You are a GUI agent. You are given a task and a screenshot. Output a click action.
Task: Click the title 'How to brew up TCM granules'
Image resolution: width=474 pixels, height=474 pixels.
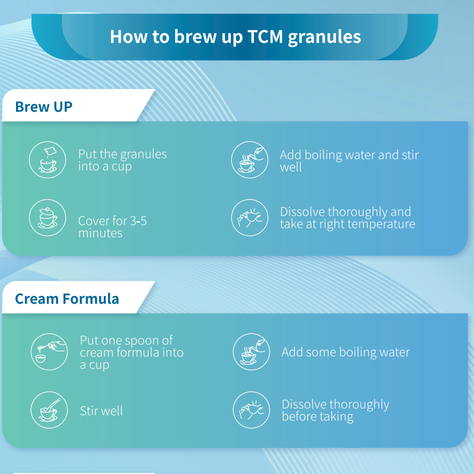(x=235, y=36)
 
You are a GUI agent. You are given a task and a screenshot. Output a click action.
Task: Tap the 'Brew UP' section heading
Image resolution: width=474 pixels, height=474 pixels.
(x=44, y=107)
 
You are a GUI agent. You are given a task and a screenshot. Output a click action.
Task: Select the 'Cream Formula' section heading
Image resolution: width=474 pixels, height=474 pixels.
(x=66, y=298)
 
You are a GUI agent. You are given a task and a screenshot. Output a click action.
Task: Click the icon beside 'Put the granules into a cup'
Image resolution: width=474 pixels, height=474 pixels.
(x=47, y=160)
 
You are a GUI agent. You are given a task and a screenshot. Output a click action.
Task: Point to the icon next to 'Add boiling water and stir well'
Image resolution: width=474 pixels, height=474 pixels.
(x=249, y=160)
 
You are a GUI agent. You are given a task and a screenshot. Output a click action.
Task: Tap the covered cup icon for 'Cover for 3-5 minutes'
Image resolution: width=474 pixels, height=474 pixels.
(x=47, y=218)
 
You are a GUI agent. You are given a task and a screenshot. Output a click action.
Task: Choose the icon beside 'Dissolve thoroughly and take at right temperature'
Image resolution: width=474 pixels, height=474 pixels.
(x=249, y=218)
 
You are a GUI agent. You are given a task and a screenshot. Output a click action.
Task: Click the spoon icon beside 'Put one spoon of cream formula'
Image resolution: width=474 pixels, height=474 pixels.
(x=49, y=352)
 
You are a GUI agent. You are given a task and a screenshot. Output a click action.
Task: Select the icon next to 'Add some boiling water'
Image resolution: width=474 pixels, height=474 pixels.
(x=250, y=352)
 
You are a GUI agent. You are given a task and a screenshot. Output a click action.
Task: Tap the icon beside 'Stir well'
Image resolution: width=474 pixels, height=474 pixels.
(x=49, y=410)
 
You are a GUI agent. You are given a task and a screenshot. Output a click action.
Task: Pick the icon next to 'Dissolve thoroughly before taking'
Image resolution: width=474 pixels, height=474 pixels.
(x=250, y=410)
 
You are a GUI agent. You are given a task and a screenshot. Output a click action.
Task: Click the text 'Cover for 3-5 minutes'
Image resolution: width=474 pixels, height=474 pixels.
(x=112, y=227)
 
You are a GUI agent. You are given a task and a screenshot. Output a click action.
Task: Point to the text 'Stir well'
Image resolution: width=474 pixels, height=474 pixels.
(x=101, y=411)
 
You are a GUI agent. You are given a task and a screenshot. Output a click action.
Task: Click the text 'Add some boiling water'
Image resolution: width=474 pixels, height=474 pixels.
(x=345, y=352)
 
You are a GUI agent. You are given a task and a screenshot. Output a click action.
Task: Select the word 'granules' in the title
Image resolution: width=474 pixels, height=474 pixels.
(x=324, y=37)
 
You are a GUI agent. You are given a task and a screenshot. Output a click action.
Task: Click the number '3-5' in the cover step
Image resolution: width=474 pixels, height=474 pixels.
(x=138, y=221)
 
